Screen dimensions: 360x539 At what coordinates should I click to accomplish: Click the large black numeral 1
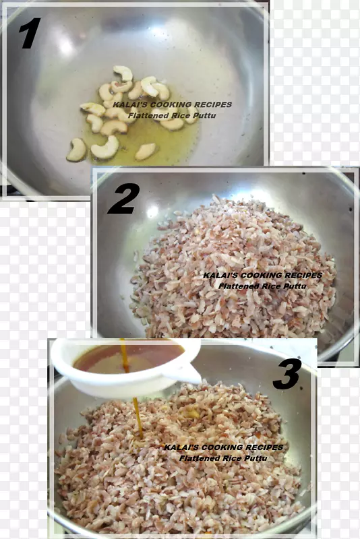click(30, 33)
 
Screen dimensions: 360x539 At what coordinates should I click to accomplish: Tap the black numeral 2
click(124, 199)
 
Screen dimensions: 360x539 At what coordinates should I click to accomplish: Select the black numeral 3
click(287, 374)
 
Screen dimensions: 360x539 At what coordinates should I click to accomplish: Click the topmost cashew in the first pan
click(123, 73)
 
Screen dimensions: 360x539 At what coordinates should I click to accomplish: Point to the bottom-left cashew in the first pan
click(77, 150)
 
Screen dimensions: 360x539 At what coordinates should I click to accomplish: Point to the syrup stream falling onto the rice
click(138, 418)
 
